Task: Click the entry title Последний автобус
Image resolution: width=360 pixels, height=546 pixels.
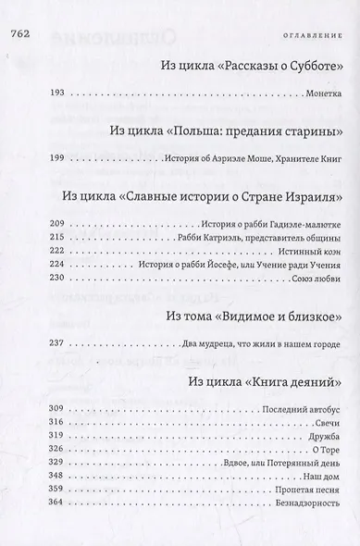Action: (298, 408)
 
